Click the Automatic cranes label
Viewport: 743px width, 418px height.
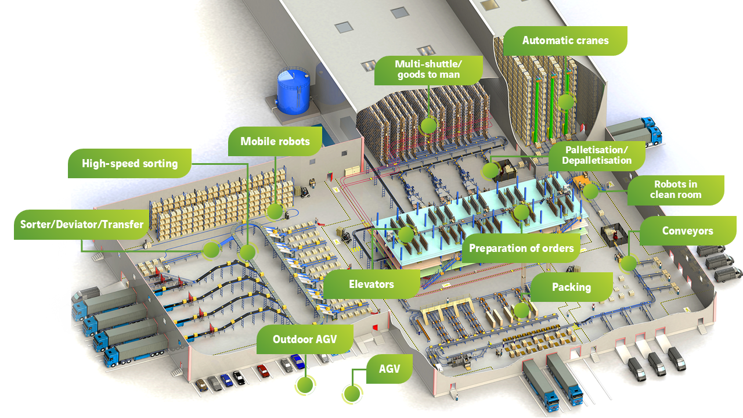click(x=565, y=41)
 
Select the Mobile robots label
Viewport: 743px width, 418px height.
click(x=275, y=141)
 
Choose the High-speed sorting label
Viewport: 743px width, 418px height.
click(x=129, y=164)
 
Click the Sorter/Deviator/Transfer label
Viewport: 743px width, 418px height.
click(x=82, y=225)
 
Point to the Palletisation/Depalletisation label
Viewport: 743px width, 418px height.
click(x=597, y=156)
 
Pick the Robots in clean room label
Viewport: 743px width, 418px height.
click(x=676, y=190)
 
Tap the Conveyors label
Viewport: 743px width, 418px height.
click(x=688, y=231)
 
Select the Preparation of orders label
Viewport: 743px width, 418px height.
click(x=521, y=248)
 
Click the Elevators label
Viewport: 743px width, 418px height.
click(x=371, y=284)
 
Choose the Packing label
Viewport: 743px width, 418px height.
click(x=571, y=287)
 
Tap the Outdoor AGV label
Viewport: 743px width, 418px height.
click(x=305, y=340)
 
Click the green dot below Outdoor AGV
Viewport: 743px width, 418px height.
click(x=305, y=385)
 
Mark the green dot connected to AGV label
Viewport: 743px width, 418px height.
click(x=352, y=394)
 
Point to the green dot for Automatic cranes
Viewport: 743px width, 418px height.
click(x=565, y=102)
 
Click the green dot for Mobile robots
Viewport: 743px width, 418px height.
click(x=275, y=211)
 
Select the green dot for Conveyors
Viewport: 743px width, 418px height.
click(x=628, y=264)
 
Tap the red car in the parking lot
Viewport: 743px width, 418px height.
click(x=264, y=370)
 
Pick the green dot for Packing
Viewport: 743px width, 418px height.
click(x=521, y=311)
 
